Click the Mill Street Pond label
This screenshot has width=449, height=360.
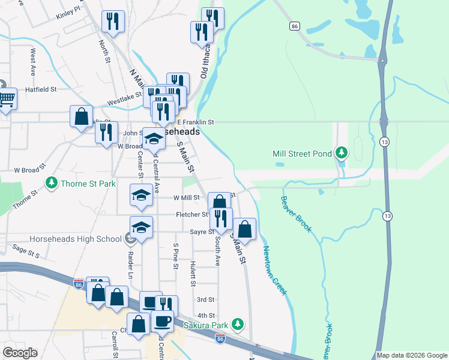tap(302, 154)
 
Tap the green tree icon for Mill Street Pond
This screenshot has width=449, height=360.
tap(342, 153)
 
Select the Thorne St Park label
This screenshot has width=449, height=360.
tap(88, 182)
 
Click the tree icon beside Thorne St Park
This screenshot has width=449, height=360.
tap(52, 182)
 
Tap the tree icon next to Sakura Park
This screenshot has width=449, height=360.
tap(238, 324)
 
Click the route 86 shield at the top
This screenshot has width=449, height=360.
tap(294, 26)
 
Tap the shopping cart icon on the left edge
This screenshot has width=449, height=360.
tap(6, 98)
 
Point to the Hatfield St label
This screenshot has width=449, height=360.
tap(40, 89)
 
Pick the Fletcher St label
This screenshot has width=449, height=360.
tap(191, 214)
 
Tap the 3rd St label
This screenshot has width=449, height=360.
tap(205, 299)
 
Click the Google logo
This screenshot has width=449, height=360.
tap(20, 353)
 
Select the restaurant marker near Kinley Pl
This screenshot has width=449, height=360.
tap(112, 22)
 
